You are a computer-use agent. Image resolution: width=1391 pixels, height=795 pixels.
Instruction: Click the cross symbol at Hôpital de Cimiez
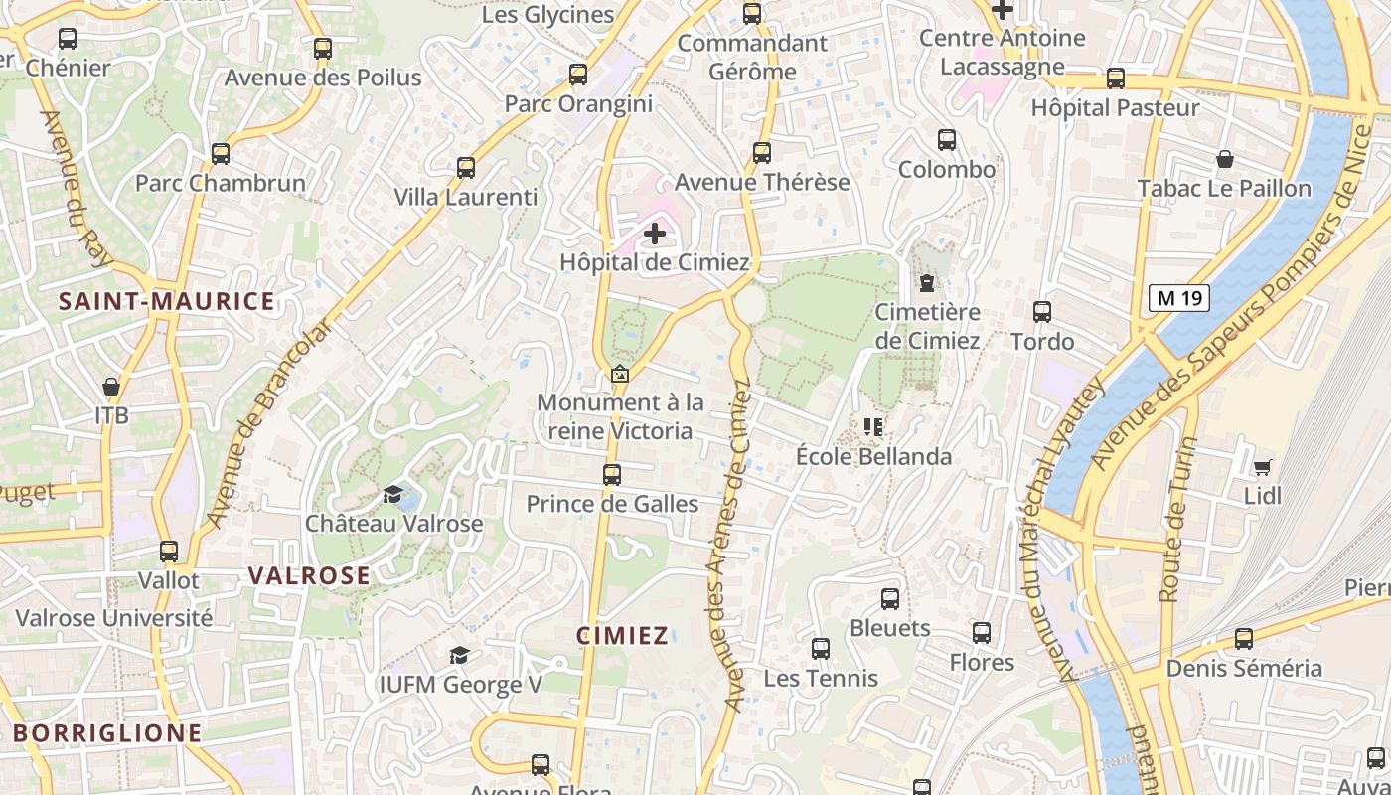(655, 235)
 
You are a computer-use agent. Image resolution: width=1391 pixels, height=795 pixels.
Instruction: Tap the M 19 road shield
(1179, 297)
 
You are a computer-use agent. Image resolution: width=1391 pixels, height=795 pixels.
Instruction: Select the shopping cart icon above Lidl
(1262, 467)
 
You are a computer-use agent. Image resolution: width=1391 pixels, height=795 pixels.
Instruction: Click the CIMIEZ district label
(623, 636)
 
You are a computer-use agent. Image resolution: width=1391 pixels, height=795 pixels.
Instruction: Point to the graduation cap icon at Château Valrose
(393, 494)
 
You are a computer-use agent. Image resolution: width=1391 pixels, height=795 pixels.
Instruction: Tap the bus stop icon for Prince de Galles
(612, 475)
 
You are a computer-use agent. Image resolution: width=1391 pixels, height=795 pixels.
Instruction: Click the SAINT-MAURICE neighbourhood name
(166, 302)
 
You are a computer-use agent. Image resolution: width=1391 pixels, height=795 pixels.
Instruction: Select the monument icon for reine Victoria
(620, 375)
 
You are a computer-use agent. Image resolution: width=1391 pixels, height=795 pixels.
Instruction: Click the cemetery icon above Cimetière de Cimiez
(927, 283)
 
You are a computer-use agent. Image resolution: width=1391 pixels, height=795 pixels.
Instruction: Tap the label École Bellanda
(873, 457)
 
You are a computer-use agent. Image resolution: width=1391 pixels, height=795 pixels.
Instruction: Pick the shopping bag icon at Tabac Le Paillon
(1224, 159)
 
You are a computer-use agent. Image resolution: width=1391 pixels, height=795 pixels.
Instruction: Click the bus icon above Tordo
(1041, 312)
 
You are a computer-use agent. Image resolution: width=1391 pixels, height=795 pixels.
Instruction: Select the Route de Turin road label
(1175, 520)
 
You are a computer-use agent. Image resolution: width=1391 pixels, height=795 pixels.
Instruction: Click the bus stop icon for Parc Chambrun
(221, 154)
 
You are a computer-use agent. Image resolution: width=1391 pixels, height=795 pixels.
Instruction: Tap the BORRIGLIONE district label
(107, 734)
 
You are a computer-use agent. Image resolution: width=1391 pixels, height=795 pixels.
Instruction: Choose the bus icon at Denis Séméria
(1243, 639)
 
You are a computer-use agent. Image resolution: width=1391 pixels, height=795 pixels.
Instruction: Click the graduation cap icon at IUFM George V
(459, 655)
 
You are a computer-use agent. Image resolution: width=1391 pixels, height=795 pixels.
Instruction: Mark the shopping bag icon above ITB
(111, 386)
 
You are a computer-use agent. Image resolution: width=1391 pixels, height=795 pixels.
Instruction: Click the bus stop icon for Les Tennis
(820, 649)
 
